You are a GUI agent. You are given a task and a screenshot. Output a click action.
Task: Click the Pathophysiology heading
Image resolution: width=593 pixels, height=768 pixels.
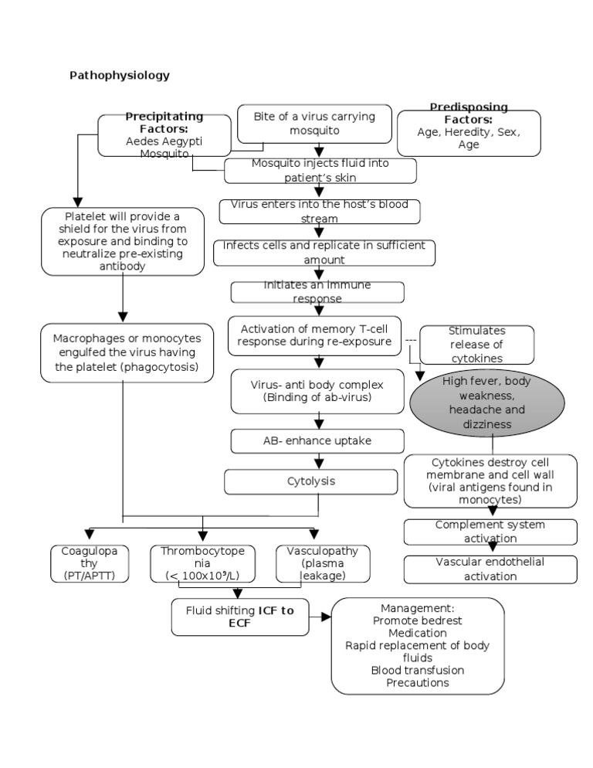pyautogui.click(x=120, y=75)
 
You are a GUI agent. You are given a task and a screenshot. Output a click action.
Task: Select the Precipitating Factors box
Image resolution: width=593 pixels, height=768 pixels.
pyautogui.click(x=164, y=135)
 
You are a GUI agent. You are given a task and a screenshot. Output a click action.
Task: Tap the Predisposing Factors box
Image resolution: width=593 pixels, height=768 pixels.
pyautogui.click(x=468, y=132)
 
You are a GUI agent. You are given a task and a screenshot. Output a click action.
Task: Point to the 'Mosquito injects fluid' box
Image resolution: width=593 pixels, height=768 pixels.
pyautogui.click(x=320, y=170)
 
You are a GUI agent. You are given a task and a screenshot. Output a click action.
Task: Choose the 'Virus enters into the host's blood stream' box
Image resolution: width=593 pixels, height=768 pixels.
pyautogui.click(x=319, y=212)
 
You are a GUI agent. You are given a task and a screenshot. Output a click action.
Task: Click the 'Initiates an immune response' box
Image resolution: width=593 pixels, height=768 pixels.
pyautogui.click(x=317, y=292)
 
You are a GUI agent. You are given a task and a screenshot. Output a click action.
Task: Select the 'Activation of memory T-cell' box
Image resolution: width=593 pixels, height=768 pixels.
pyautogui.click(x=316, y=335)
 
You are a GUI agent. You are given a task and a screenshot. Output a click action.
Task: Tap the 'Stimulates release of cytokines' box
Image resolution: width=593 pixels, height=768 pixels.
pyautogui.click(x=476, y=345)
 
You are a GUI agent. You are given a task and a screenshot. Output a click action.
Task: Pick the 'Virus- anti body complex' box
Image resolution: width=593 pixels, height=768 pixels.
pyautogui.click(x=317, y=391)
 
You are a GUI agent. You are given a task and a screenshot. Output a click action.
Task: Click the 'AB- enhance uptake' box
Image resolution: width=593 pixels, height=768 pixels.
pyautogui.click(x=317, y=440)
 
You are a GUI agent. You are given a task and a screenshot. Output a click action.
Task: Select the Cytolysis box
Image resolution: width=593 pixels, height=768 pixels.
pyautogui.click(x=317, y=481)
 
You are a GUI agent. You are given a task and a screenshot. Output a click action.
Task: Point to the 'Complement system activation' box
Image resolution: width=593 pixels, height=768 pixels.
pyautogui.click(x=490, y=532)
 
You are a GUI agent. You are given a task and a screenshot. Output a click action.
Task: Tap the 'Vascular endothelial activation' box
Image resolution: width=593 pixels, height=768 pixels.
pyautogui.click(x=490, y=569)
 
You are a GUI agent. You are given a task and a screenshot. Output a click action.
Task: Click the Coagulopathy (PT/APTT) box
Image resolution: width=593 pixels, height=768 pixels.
pyautogui.click(x=89, y=563)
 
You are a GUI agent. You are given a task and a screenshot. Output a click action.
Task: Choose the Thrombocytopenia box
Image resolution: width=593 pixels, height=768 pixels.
pyautogui.click(x=202, y=563)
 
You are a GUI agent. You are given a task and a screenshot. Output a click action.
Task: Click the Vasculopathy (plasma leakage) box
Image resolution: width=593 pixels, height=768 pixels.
pyautogui.click(x=322, y=563)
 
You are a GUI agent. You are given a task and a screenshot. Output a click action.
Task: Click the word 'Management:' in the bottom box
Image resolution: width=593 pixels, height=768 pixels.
pyautogui.click(x=417, y=608)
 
